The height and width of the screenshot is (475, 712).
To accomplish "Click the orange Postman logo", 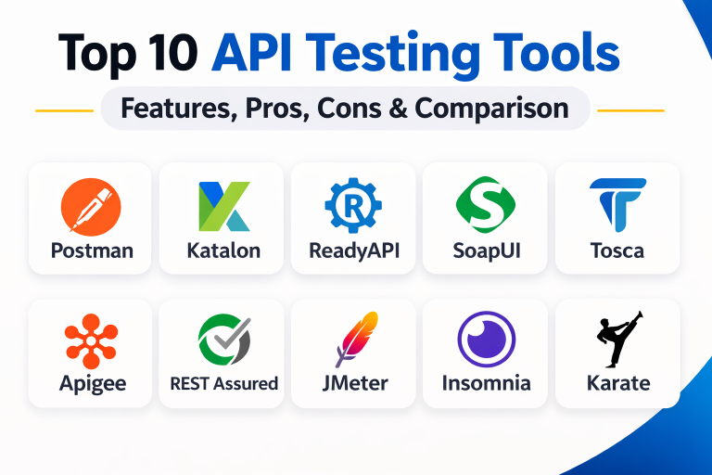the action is (91, 207).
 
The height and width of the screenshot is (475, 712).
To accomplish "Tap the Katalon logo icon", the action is (224, 206).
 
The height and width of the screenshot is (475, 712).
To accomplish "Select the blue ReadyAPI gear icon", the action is (353, 205).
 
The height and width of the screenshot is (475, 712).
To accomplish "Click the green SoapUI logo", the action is (486, 204).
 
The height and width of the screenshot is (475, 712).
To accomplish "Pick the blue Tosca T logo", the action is (617, 204).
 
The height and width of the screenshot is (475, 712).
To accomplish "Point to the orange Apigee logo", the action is (91, 340).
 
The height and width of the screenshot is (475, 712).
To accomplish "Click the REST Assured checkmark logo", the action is (224, 340).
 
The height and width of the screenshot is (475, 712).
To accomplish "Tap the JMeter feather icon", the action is (357, 340).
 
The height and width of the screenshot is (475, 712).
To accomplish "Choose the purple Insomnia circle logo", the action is (487, 340).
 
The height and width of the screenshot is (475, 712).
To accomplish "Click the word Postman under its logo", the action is (92, 250).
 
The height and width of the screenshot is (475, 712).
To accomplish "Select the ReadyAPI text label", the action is (354, 251).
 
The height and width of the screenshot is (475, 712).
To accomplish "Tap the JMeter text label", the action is (355, 383).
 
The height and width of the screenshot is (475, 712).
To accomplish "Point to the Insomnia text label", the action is (487, 383).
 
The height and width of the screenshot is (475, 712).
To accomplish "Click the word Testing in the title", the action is (393, 55).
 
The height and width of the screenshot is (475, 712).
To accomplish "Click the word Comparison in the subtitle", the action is (491, 109).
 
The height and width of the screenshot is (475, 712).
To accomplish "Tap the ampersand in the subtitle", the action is (399, 109).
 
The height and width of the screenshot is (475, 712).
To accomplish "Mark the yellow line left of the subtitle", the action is (65, 110).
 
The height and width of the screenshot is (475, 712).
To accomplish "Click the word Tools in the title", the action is (556, 52).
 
